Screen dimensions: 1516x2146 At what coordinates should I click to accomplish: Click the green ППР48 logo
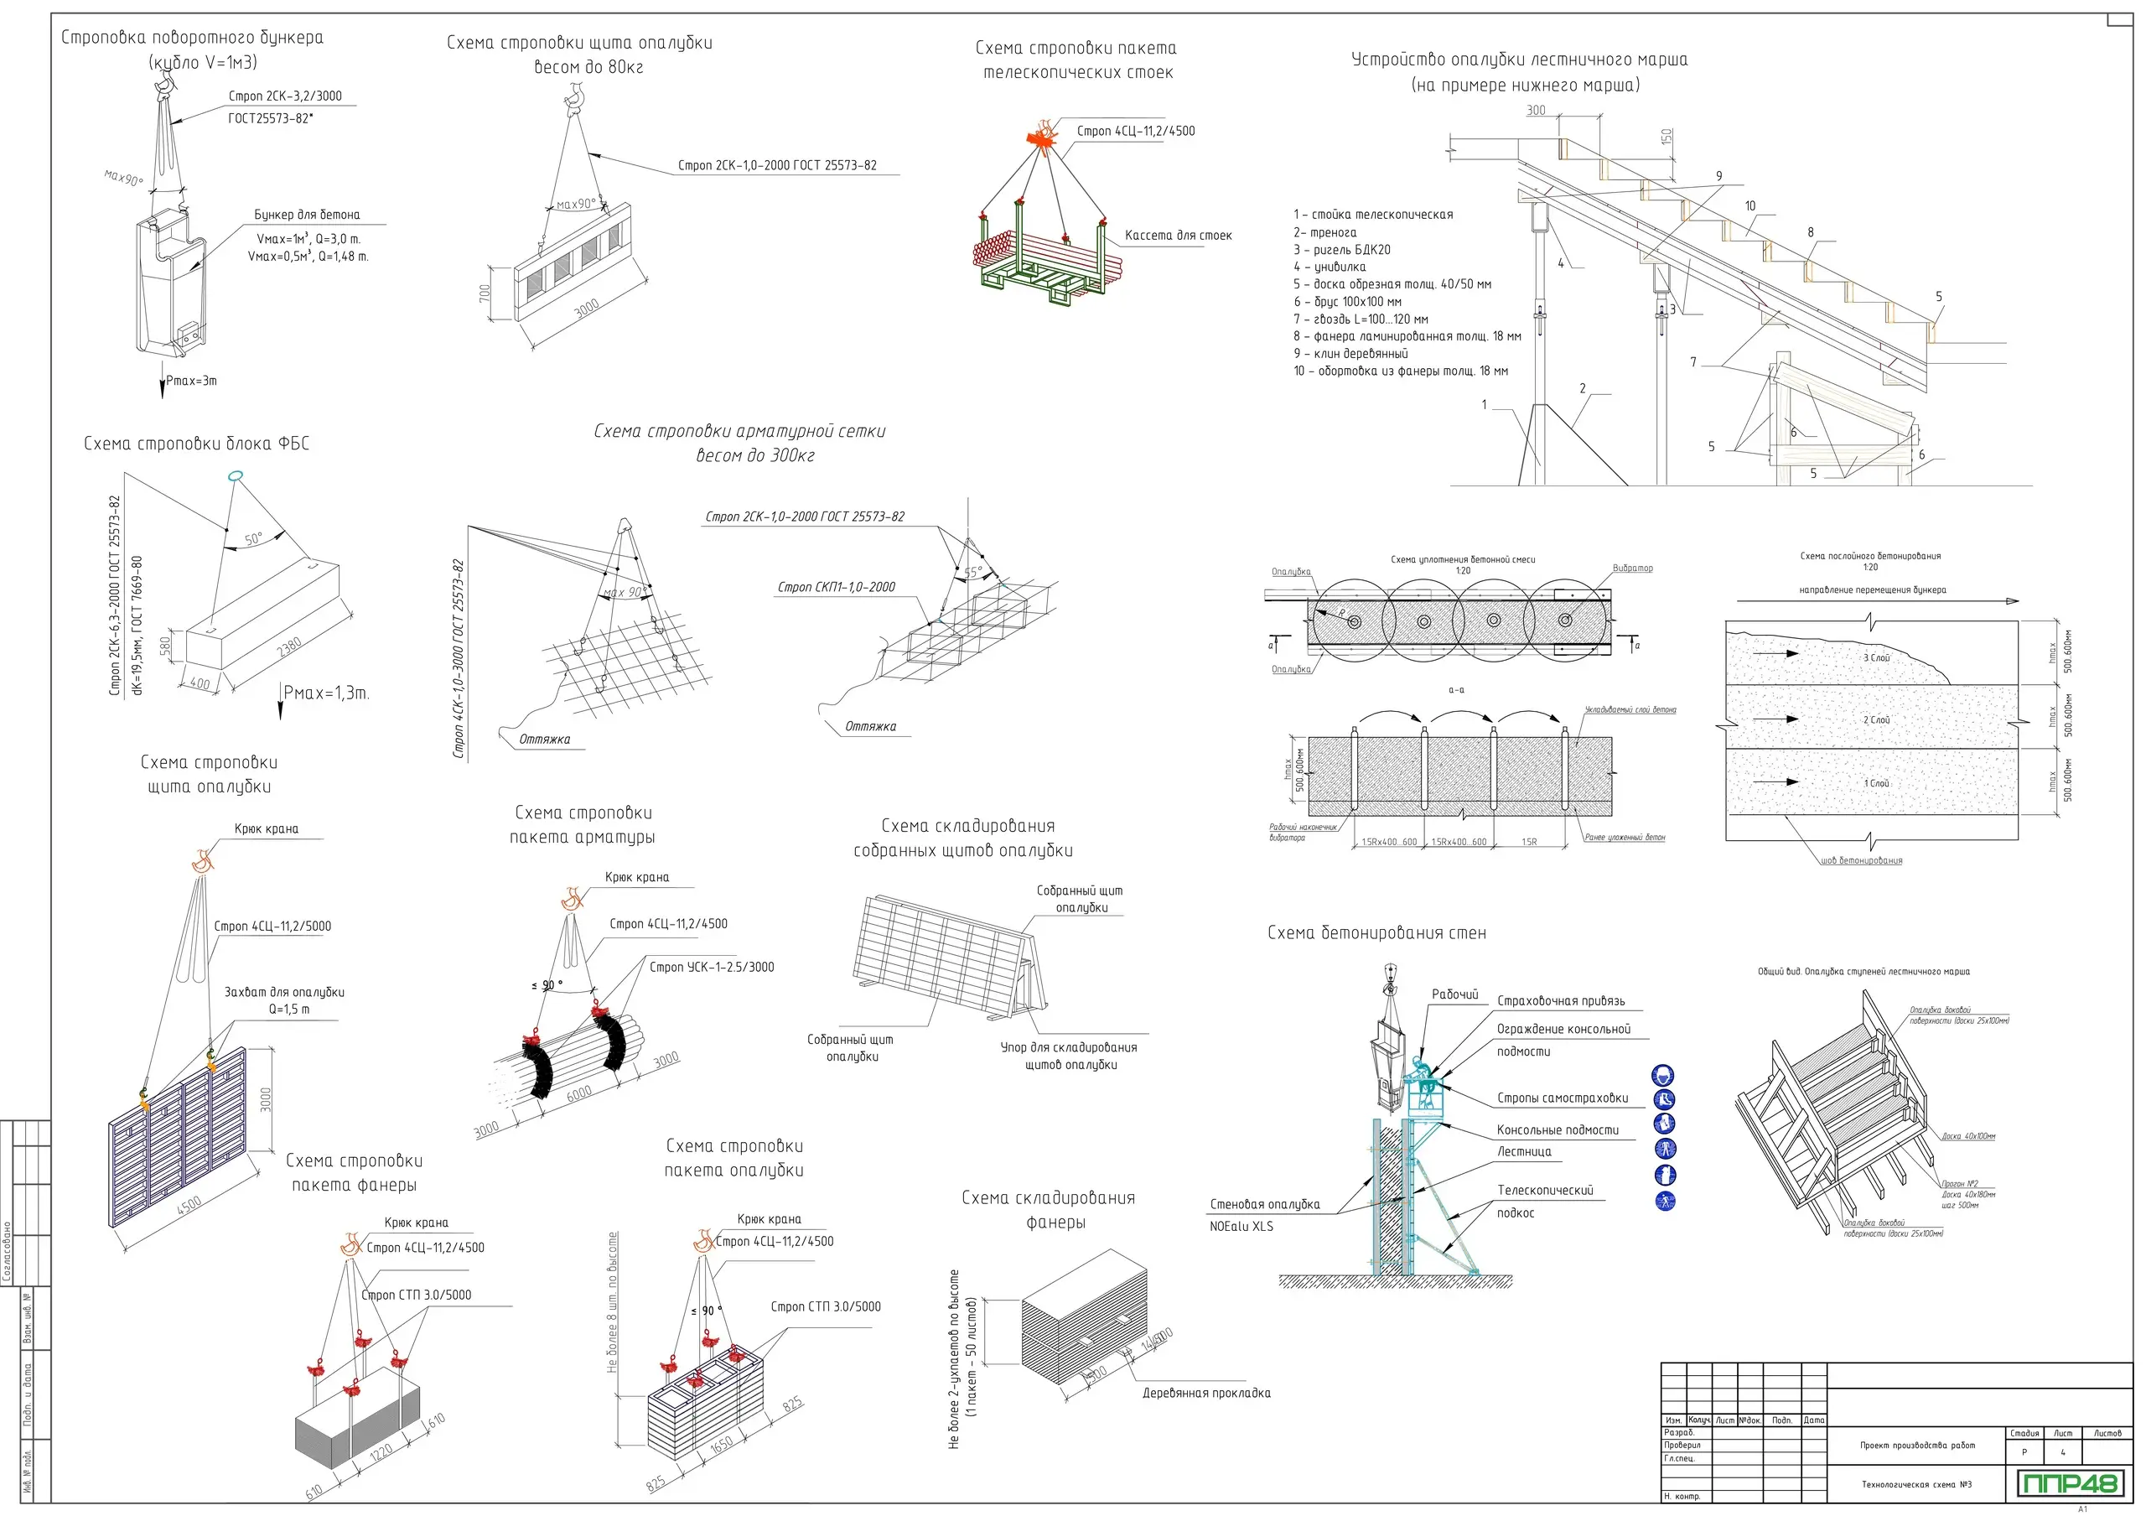click(x=2066, y=1483)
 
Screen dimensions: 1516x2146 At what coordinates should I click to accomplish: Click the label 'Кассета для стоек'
click(x=1178, y=236)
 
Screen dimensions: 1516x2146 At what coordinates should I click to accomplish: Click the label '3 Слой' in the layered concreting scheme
click(x=1876, y=658)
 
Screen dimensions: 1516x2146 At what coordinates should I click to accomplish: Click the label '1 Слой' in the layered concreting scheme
click(x=1876, y=783)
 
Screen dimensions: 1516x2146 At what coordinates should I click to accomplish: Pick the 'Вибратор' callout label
click(x=1632, y=568)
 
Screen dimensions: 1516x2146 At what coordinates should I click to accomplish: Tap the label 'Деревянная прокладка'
click(x=1205, y=1393)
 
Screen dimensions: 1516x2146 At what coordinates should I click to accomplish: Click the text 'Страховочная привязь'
click(x=1560, y=1001)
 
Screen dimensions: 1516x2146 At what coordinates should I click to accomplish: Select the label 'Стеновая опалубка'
click(x=1265, y=1205)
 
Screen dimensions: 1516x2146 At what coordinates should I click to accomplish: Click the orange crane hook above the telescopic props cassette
click(x=1043, y=135)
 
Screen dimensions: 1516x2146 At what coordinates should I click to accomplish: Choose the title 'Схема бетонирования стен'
click(x=1376, y=932)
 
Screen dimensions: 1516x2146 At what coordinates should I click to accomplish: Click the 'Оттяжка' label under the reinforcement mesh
click(x=544, y=740)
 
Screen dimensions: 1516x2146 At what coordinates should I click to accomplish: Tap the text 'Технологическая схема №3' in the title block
click(x=1916, y=1484)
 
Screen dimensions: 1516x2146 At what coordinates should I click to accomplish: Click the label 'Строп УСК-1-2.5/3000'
click(x=712, y=968)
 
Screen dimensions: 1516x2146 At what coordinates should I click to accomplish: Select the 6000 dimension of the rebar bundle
click(x=578, y=1094)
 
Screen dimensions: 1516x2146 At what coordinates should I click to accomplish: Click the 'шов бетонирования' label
click(x=1861, y=861)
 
